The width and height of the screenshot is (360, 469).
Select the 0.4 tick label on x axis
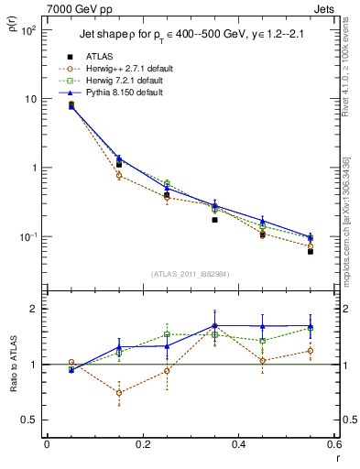238,445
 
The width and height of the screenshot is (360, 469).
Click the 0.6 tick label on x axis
333,445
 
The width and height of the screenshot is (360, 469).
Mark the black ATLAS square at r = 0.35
214,220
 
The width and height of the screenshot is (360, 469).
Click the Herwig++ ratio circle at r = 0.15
119,393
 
